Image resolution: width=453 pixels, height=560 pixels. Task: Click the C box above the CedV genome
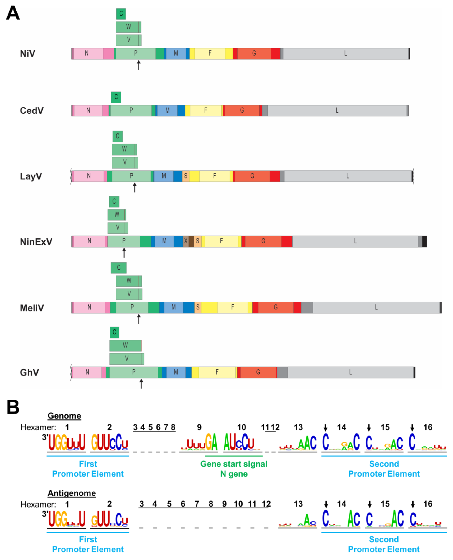point(116,97)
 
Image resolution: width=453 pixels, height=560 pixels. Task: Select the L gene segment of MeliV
point(376,307)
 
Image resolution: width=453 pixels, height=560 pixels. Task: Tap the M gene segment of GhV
point(176,372)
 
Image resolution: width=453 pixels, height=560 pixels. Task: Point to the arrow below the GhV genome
point(141,384)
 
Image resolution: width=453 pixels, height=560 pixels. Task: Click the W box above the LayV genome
point(124,149)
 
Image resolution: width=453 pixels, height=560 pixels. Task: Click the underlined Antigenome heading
point(71,493)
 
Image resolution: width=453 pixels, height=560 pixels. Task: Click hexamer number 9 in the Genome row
point(199,427)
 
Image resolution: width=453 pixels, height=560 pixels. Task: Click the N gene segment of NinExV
point(89,241)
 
